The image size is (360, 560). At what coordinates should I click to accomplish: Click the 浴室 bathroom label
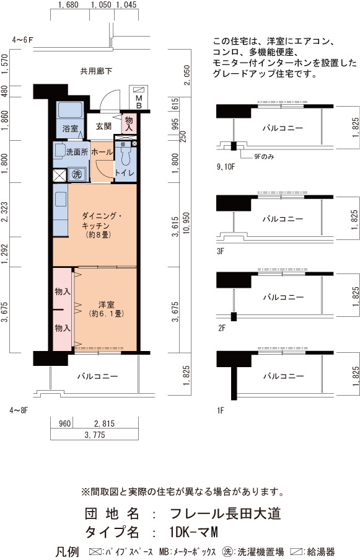tap(70, 128)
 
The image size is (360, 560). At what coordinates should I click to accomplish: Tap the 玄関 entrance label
tap(103, 126)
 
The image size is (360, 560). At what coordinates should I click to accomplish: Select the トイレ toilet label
tap(125, 173)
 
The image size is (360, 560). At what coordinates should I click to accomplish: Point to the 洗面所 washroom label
tap(77, 152)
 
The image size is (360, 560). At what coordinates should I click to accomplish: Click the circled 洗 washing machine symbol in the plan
tap(77, 174)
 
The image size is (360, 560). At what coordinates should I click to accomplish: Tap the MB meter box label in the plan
tap(139, 102)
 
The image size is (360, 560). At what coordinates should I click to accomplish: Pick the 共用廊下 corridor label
tap(96, 71)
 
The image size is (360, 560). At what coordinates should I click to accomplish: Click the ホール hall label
tap(102, 152)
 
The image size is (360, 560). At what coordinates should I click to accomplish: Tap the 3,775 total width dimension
tap(95, 435)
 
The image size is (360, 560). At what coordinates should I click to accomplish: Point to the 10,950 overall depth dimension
tap(187, 223)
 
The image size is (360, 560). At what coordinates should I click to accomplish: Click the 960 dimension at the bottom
tap(64, 424)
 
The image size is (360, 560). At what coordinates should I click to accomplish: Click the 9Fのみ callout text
tap(264, 156)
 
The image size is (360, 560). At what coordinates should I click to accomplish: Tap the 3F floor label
tap(220, 251)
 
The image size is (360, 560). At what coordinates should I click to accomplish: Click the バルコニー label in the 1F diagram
tap(284, 376)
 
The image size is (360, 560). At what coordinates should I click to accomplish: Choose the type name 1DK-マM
tap(194, 532)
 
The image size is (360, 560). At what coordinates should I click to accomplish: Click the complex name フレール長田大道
tap(226, 513)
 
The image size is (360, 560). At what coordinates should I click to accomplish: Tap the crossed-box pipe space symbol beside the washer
tap(59, 176)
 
